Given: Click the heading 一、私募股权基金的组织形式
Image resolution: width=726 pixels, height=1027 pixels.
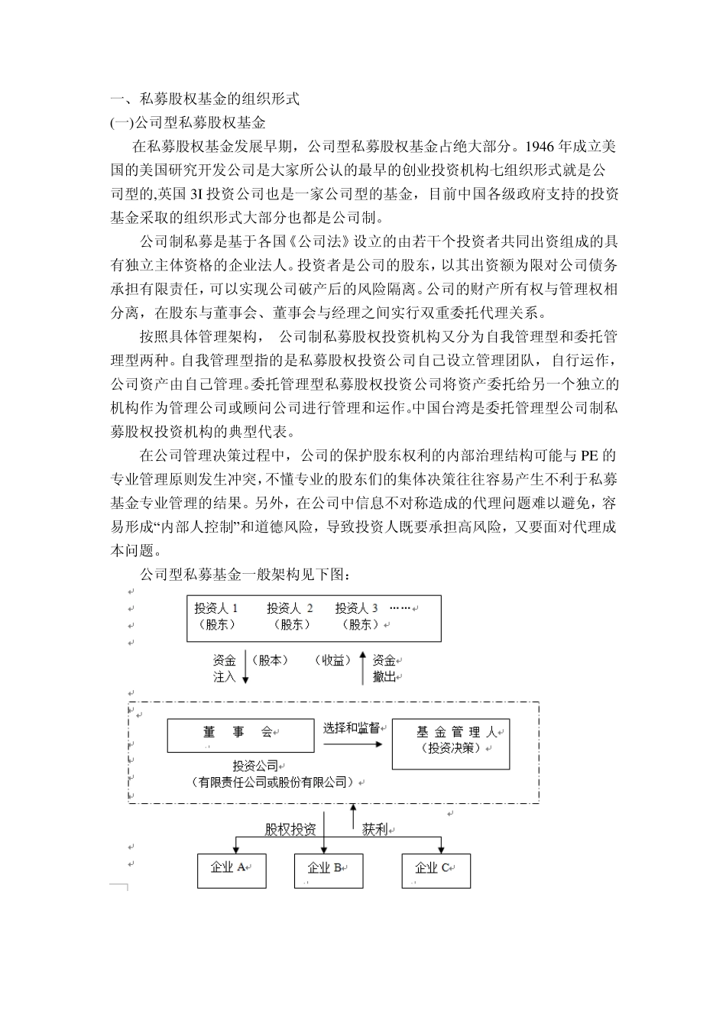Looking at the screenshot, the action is [x=205, y=99].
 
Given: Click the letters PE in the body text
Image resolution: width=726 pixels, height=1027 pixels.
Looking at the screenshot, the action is [x=589, y=456].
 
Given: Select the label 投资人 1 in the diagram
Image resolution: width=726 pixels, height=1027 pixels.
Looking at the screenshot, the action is [x=216, y=608].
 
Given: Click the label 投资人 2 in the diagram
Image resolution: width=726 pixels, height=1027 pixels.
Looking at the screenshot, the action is [x=290, y=608].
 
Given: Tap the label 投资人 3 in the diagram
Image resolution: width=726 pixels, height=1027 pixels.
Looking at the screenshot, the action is [x=356, y=608].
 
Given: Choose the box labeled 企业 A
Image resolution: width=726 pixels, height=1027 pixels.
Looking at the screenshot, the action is [x=232, y=870].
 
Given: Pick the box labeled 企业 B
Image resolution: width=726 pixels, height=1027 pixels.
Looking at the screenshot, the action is [x=329, y=870].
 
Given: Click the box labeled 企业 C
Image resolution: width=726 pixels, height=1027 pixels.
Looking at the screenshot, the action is [x=436, y=870].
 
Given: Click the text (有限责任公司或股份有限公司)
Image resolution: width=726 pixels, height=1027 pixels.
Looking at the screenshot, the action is [x=277, y=782].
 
